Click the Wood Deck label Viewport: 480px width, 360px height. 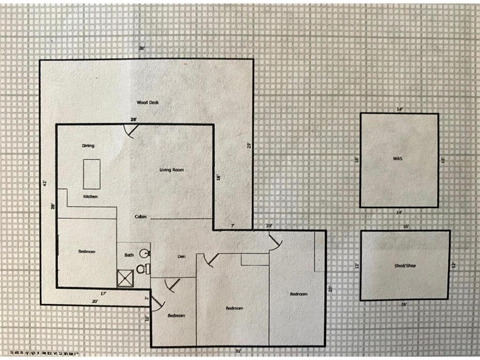(x=147, y=102)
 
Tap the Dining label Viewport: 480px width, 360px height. (x=88, y=146)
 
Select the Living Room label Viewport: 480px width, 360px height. (x=172, y=170)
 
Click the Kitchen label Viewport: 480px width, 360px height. (x=90, y=196)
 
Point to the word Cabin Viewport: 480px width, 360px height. (x=141, y=217)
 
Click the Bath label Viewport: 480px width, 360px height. (x=129, y=255)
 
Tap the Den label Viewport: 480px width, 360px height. (x=182, y=256)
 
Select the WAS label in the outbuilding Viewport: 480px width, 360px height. (x=397, y=159)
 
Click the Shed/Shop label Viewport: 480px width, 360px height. (x=405, y=266)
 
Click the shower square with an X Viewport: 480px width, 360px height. (x=125, y=278)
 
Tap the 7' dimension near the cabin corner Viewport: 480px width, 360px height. (x=232, y=226)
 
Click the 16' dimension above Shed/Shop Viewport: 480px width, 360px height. (x=406, y=226)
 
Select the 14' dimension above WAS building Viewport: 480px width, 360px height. (x=399, y=110)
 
